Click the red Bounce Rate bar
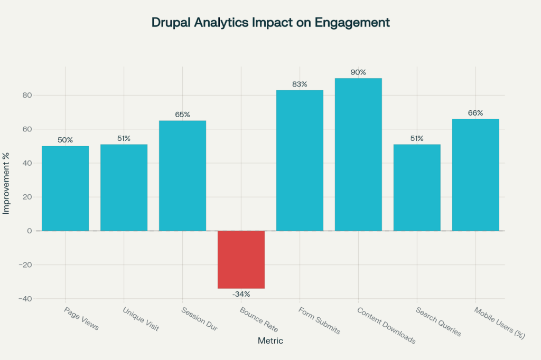241,259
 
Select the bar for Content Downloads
358,154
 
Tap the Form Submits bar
300,160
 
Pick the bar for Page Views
65,188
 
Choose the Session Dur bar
182,176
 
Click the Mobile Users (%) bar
475,175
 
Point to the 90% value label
358,72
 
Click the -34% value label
241,294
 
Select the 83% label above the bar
300,84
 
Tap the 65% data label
182,115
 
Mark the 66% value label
475,113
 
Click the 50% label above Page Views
65,140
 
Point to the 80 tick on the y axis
27,96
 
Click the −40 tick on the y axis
24,299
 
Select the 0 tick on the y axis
30,231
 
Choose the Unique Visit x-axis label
141,319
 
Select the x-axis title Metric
270,341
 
